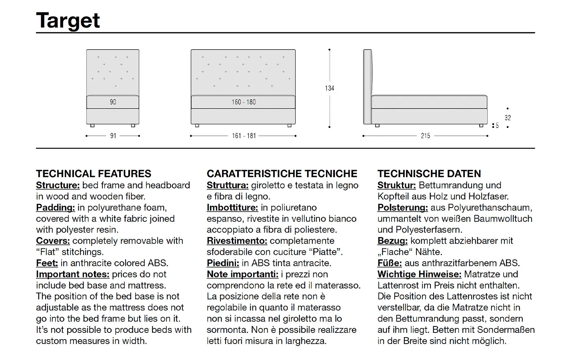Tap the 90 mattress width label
[x=113, y=102]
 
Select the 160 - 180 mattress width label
[x=243, y=102]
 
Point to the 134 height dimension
[x=329, y=88]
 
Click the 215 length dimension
[x=425, y=136]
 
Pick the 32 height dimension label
[x=508, y=118]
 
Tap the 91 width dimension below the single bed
[x=113, y=136]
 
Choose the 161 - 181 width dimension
[x=244, y=136]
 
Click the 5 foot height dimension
[x=497, y=126]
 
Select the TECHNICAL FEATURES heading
[x=94, y=174]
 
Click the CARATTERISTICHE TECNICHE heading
[x=282, y=174]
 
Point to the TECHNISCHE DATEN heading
[x=429, y=174]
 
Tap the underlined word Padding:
[x=56, y=208]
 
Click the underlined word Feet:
[x=47, y=263]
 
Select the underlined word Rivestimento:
[x=237, y=241]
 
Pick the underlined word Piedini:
[x=223, y=263]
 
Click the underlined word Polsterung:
[x=402, y=208]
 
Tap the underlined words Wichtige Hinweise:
[x=419, y=274]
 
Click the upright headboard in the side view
[x=367, y=86]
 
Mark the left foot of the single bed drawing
[x=92, y=126]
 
